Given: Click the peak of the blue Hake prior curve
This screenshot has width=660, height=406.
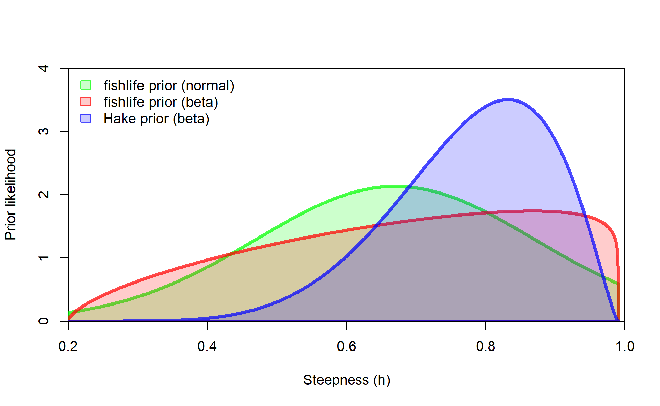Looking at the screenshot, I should [508, 99].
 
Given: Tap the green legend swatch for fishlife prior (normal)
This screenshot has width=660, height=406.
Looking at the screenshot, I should [86, 85].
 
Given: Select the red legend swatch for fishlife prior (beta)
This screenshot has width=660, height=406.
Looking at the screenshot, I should [86, 102].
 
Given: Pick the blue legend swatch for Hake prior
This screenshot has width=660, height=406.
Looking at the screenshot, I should [86, 118].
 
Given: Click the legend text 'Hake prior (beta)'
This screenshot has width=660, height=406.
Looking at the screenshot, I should [156, 119].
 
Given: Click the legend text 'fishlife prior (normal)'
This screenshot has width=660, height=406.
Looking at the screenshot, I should [169, 86].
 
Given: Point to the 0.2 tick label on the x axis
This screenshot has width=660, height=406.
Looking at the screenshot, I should [68, 346].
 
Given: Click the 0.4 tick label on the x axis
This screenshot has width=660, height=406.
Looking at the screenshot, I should [207, 346].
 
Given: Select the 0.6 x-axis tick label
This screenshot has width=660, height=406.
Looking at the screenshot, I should [347, 346].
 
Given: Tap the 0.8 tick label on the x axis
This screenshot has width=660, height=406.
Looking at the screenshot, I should [486, 346].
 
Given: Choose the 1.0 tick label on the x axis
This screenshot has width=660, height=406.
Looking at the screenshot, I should [625, 346].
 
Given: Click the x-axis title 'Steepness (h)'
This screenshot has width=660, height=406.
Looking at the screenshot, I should [347, 380].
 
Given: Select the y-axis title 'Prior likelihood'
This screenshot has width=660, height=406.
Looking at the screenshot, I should [11, 195].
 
